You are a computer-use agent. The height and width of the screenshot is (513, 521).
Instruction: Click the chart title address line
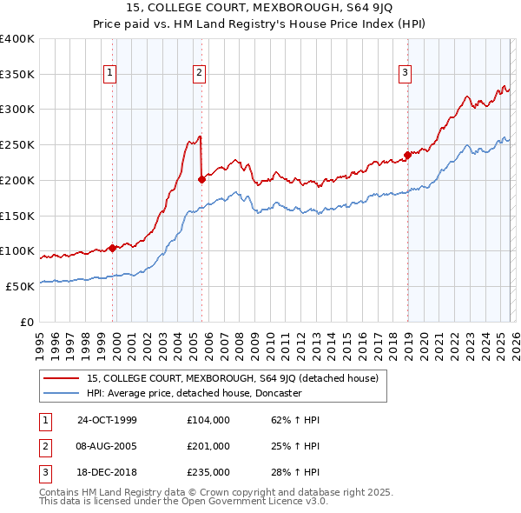click(260, 8)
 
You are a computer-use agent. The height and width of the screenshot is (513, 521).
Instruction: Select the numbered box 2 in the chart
click(200, 74)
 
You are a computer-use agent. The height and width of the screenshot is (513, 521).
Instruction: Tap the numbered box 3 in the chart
click(406, 74)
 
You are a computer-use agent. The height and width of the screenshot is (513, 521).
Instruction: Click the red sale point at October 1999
click(113, 248)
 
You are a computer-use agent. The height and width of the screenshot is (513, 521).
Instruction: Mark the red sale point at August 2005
click(201, 179)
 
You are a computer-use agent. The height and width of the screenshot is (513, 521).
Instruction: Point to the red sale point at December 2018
click(407, 156)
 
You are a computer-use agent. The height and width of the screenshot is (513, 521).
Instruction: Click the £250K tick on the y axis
click(17, 144)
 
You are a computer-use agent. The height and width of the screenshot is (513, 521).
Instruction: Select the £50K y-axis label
click(20, 286)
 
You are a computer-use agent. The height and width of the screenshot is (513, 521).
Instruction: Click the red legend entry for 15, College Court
click(232, 378)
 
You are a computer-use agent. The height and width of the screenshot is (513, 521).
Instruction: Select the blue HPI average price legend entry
click(194, 393)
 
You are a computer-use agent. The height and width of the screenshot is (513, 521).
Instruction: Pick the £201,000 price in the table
click(208, 446)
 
